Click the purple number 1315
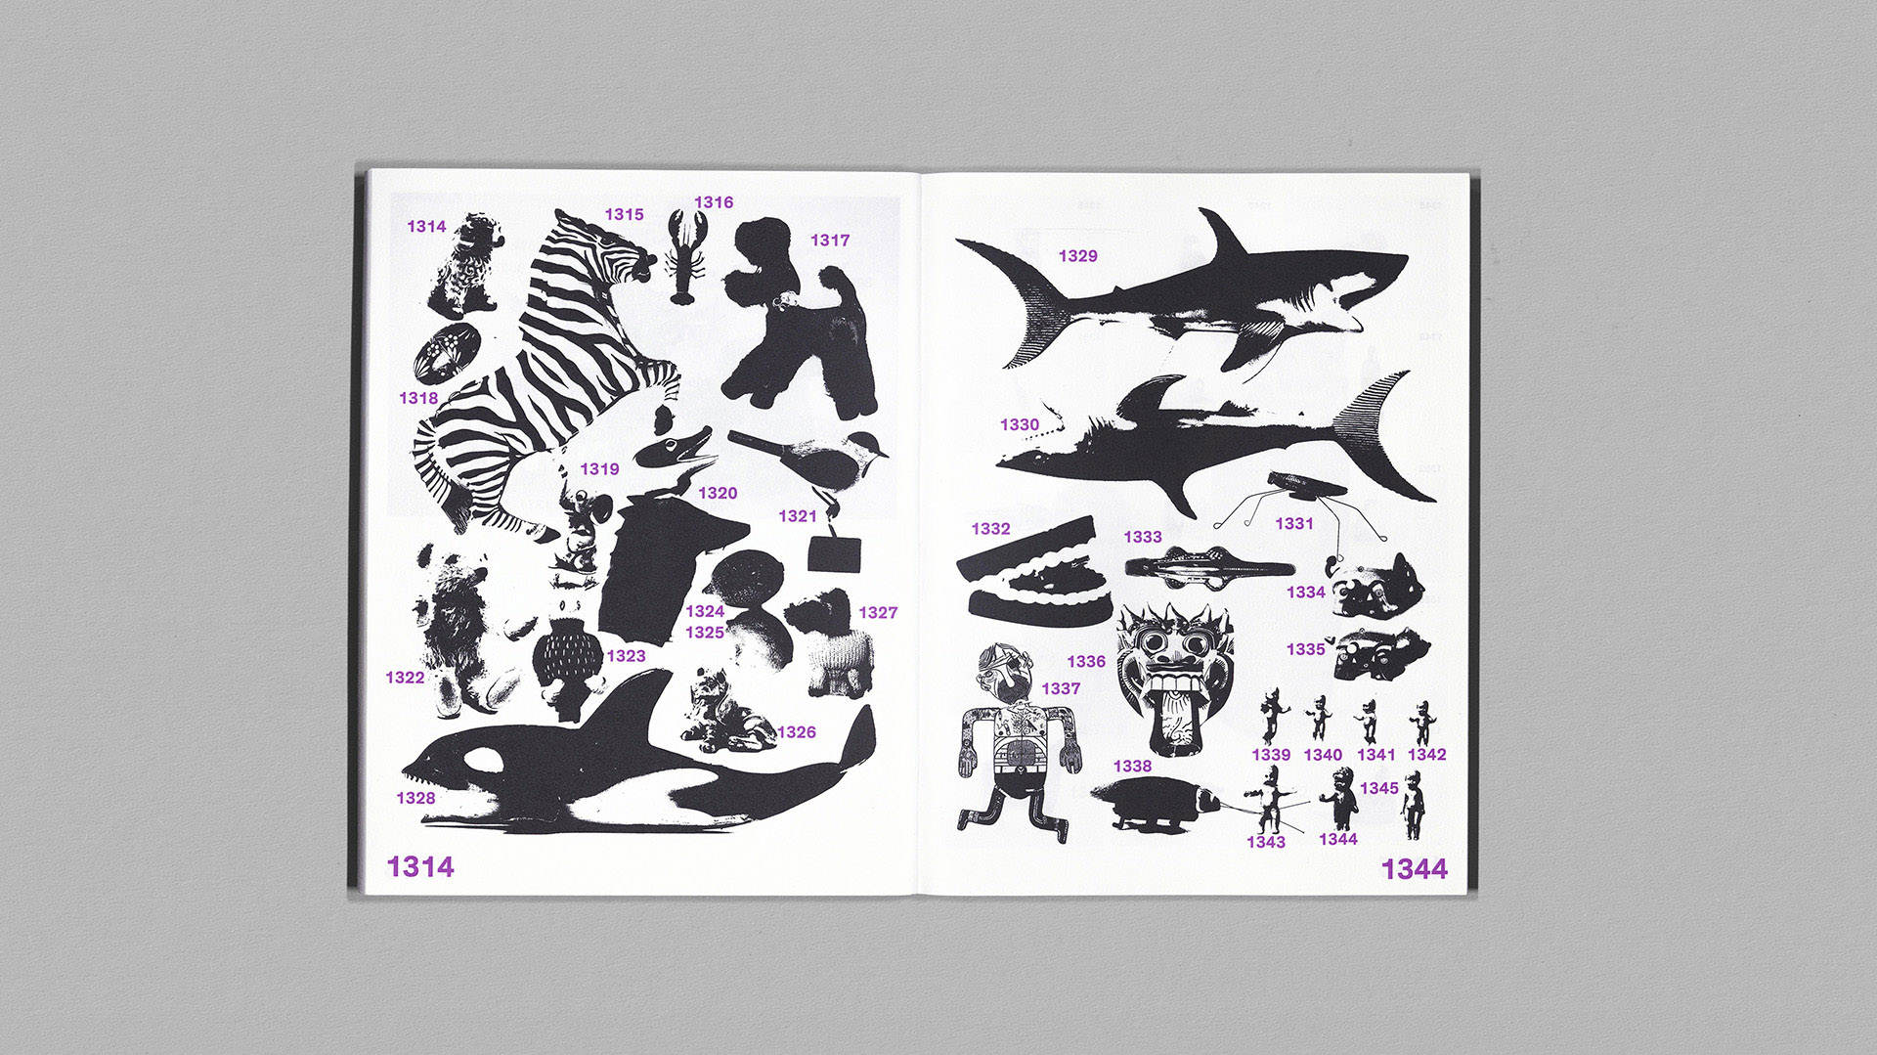click(624, 214)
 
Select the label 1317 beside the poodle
click(830, 240)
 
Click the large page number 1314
click(420, 866)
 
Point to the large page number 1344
click(1415, 868)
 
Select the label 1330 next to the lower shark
click(1020, 424)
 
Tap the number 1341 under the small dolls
click(1375, 754)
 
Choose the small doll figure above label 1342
click(1422, 722)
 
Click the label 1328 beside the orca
click(415, 798)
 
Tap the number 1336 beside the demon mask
click(1086, 661)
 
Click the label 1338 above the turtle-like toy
click(1132, 766)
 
